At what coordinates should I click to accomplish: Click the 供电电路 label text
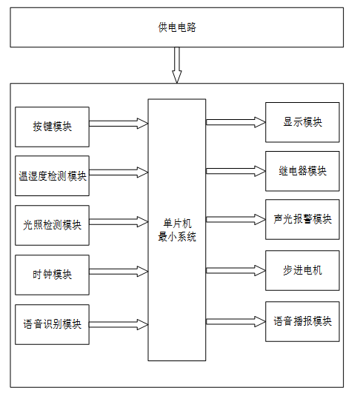click(x=177, y=27)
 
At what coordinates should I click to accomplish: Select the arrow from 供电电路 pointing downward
click(x=177, y=65)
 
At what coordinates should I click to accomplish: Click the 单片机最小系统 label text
click(x=177, y=230)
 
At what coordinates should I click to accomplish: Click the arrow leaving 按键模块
click(x=119, y=124)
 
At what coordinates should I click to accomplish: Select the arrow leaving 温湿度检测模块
click(x=119, y=172)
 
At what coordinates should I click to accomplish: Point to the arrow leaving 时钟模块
click(x=119, y=272)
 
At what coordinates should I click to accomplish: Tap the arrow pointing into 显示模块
click(x=236, y=122)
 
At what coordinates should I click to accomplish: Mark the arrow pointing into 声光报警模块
click(x=236, y=220)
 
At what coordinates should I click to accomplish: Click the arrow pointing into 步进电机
click(x=236, y=270)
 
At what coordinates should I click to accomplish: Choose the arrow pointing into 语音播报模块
click(x=236, y=321)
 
